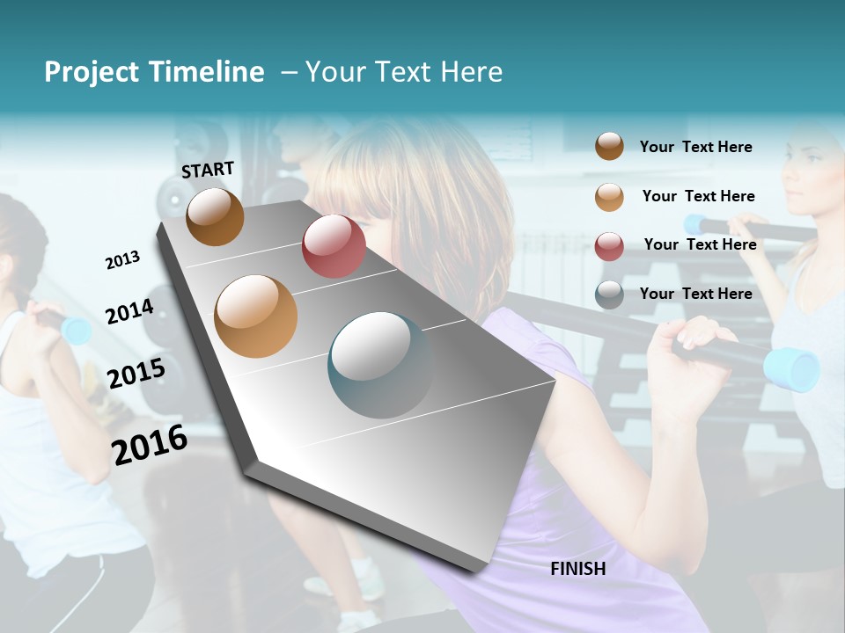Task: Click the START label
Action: pyautogui.click(x=208, y=169)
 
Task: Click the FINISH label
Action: pyautogui.click(x=577, y=569)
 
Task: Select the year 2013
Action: pyautogui.click(x=122, y=259)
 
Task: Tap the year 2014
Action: pyautogui.click(x=129, y=311)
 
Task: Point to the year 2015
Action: pyautogui.click(x=136, y=374)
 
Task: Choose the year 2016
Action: pyautogui.click(x=150, y=444)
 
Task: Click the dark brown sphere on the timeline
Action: pyautogui.click(x=215, y=216)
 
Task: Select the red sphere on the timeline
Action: pyautogui.click(x=334, y=245)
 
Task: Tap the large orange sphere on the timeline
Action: pyautogui.click(x=255, y=316)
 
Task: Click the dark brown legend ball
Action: pyautogui.click(x=609, y=147)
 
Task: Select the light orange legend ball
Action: pyautogui.click(x=609, y=196)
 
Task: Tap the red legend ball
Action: pyautogui.click(x=609, y=245)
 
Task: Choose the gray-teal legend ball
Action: pyautogui.click(x=609, y=295)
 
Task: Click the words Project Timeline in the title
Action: pyautogui.click(x=154, y=72)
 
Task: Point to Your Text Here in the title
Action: pyautogui.click(x=404, y=72)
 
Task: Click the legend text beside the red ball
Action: pyautogui.click(x=700, y=244)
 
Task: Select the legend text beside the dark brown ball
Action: pyautogui.click(x=695, y=147)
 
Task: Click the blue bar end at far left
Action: pyautogui.click(x=77, y=331)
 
